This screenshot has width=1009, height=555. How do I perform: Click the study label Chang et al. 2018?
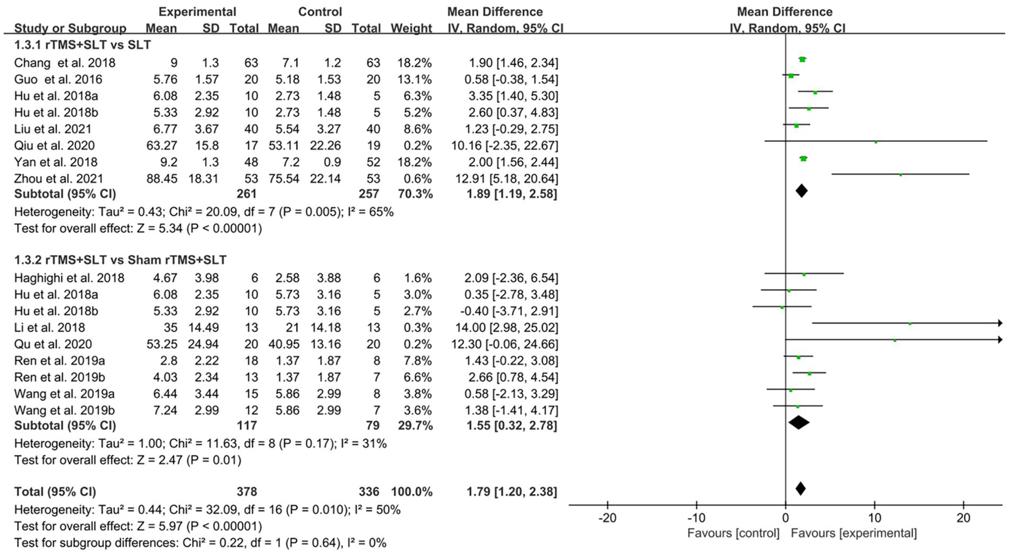[64, 63]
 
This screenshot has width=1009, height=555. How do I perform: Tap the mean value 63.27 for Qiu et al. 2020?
[161, 146]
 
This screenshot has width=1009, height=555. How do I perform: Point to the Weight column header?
[411, 28]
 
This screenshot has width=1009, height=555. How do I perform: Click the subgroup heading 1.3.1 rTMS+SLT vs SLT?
[82, 45]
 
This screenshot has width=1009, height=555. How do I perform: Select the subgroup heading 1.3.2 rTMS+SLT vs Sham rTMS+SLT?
[120, 260]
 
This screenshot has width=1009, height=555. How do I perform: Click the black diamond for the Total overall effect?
[800, 489]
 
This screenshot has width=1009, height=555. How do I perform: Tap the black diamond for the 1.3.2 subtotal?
[799, 423]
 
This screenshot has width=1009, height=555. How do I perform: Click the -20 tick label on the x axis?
[607, 518]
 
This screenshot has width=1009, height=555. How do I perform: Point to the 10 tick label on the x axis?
[874, 518]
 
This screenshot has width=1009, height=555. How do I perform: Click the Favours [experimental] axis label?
[853, 533]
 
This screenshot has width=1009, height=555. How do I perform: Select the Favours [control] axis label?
[733, 533]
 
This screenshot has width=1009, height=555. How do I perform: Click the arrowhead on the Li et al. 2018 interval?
[999, 323]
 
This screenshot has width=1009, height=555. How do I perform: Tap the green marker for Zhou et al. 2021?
[901, 175]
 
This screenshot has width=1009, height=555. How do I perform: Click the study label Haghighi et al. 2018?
[69, 278]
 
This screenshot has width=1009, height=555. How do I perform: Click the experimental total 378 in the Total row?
[246, 492]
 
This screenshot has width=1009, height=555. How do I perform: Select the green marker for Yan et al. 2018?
[803, 158]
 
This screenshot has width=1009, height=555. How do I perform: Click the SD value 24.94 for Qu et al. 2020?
[202, 345]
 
